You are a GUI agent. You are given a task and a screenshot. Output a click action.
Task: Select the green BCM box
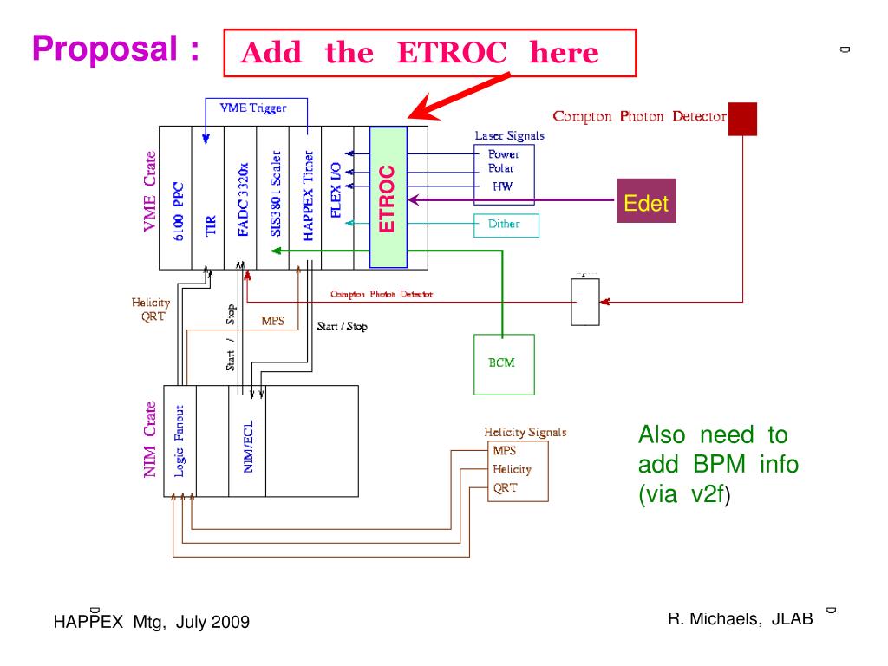(502, 362)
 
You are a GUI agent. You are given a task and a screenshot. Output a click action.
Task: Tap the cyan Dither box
(506, 225)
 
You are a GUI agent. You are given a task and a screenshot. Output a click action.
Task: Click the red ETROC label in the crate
(388, 199)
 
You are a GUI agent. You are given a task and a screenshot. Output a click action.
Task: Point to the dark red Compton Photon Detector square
(742, 119)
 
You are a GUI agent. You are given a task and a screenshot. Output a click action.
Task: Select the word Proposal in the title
(108, 50)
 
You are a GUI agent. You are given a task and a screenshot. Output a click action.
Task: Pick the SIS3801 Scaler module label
(274, 197)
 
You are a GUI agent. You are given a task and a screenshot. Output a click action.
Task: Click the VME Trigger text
(252, 108)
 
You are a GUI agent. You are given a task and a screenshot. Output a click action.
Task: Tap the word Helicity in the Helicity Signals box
(512, 469)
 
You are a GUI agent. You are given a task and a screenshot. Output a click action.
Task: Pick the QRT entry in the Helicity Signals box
(505, 487)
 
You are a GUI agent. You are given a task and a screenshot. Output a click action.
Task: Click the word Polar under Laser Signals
(502, 168)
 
